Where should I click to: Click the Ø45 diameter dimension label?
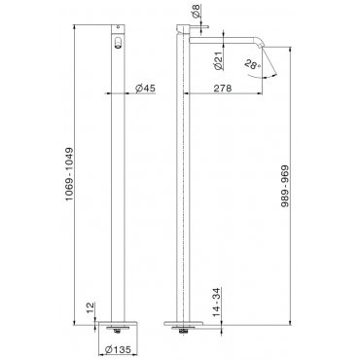tap(145, 88)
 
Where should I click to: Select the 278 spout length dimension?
tap(223, 89)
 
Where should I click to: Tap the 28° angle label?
tap(253, 64)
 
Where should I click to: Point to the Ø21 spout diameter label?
tap(218, 60)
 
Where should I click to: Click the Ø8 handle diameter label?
tap(197, 11)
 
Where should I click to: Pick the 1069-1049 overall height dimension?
tap(70, 174)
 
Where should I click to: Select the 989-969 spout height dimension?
tap(285, 187)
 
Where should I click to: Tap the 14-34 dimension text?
tap(217, 303)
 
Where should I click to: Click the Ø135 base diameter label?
tap(119, 349)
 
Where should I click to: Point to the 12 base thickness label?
tap(90, 307)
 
